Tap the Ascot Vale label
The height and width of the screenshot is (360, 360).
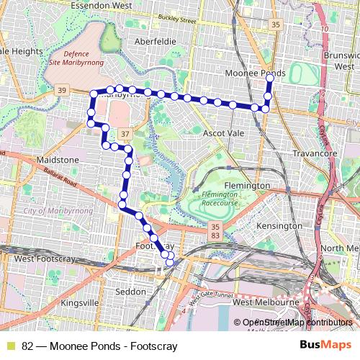pos(224,134)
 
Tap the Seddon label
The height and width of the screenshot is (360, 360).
pos(130,292)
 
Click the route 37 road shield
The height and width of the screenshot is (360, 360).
pos(125,134)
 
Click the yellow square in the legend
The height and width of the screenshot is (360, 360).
pos(11,346)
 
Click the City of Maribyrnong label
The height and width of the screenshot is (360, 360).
pos(50,210)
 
